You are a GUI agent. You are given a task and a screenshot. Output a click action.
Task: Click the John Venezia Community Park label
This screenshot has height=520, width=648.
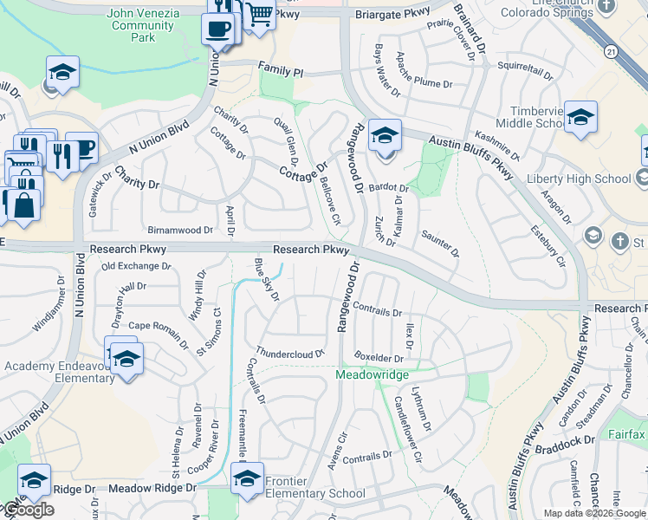tap(145, 26)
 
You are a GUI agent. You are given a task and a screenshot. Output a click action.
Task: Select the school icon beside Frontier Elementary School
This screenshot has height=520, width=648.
tap(247, 478)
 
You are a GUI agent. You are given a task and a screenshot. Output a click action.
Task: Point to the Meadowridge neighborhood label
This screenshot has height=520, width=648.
tap(372, 374)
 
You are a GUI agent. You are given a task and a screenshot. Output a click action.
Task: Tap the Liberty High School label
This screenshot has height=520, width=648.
tap(580, 179)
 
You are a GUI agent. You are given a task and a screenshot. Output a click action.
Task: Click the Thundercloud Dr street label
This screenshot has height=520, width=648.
tap(289, 354)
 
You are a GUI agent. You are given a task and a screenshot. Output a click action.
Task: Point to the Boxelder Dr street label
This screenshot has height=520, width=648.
tap(379, 357)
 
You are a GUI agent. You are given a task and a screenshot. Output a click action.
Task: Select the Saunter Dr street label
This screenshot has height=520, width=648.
tap(440, 243)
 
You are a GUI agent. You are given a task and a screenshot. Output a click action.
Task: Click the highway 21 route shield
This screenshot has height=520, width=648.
tap(612, 53)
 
